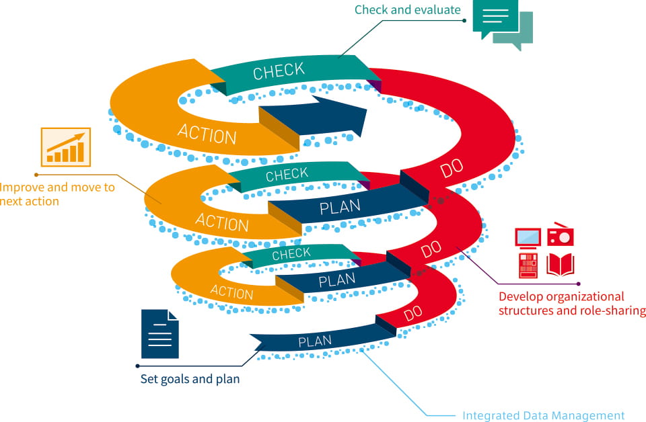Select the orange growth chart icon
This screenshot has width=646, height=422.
65,146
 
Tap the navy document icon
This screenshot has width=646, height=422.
160,334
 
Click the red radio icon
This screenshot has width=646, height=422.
560,235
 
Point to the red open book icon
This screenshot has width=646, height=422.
560,265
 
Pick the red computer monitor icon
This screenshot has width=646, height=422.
528,237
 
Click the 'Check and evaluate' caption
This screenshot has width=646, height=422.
407,9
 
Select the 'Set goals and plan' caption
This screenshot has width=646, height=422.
190,379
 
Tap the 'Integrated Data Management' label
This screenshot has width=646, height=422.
543,416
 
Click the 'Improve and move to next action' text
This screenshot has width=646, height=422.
57,194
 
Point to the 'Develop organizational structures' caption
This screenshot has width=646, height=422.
571,303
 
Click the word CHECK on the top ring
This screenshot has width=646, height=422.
279,71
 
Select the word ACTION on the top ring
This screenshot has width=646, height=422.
207,133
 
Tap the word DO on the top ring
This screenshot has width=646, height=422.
452,170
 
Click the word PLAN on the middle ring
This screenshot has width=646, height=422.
340,207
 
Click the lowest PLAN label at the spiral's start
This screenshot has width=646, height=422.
315,341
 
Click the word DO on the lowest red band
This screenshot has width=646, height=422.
412,314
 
